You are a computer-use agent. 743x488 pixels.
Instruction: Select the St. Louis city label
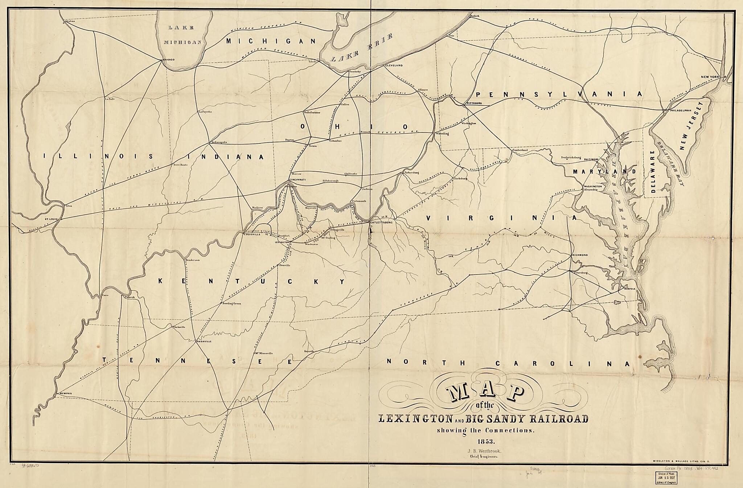pos(52,219)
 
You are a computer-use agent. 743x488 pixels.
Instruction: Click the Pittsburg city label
pos(473,103)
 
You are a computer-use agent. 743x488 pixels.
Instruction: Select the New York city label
pos(710,77)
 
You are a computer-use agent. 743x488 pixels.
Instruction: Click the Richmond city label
pos(580,255)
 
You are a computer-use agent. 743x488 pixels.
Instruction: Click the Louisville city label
pos(252,235)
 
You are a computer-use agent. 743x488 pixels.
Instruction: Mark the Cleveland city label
pos(394,65)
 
